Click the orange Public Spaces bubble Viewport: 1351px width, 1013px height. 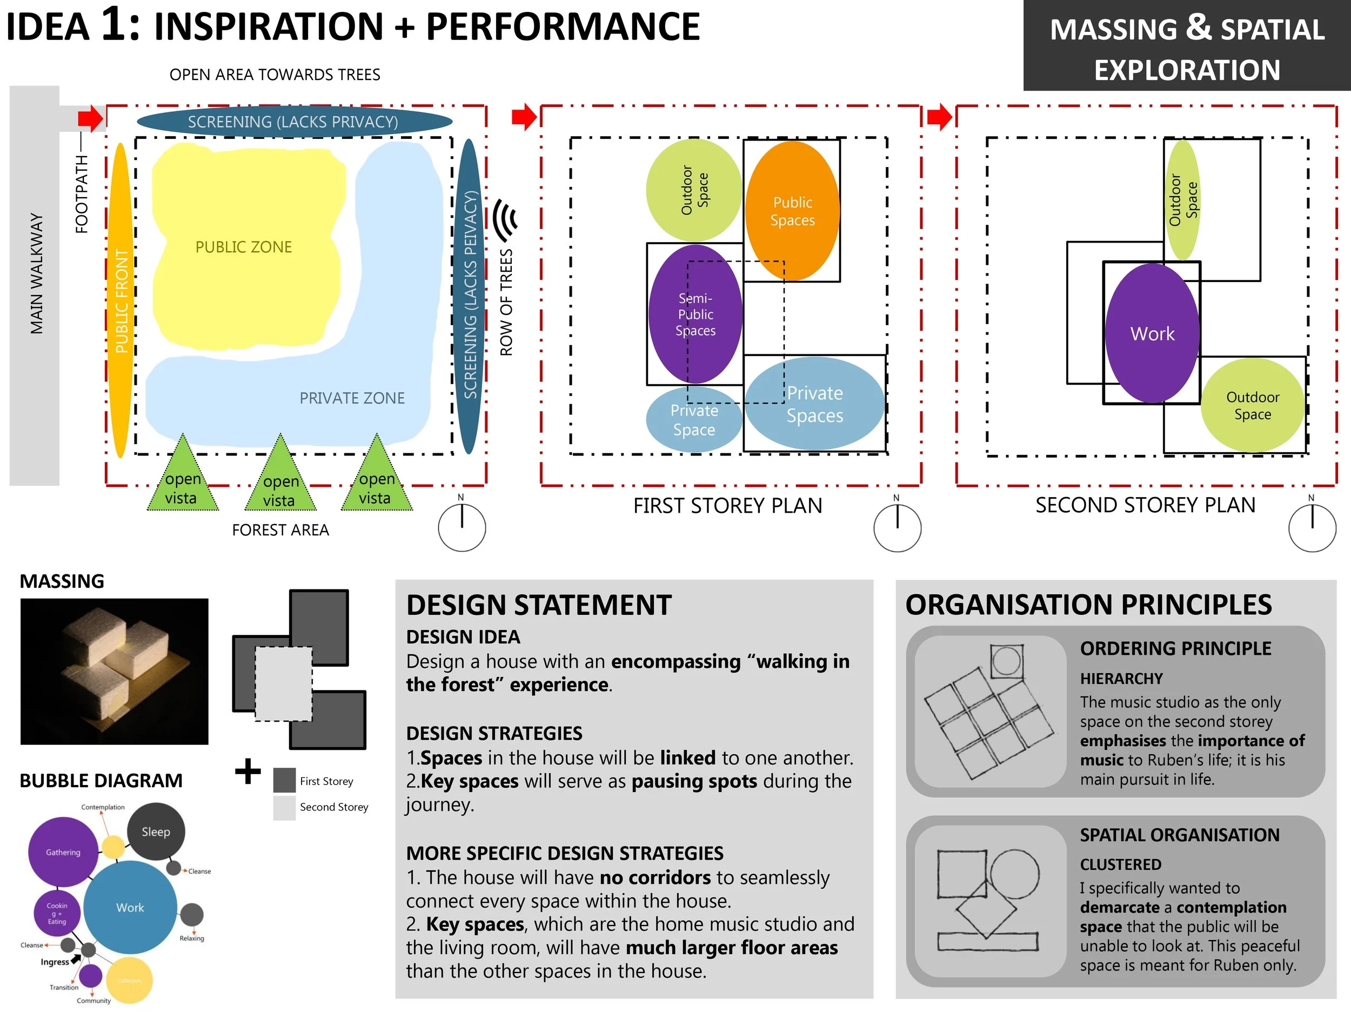point(792,211)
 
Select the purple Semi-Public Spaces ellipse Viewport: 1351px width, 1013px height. point(695,314)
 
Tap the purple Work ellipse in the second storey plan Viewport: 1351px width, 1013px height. point(1152,333)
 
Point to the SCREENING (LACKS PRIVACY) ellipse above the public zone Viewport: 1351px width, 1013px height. point(294,122)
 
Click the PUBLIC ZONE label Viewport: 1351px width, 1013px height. point(244,247)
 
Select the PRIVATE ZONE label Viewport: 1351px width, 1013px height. point(352,398)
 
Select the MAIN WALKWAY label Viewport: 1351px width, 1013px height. point(37,273)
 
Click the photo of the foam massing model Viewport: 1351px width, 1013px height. point(114,671)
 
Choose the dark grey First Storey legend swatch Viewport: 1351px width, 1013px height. point(284,780)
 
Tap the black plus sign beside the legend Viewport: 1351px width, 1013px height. point(248,771)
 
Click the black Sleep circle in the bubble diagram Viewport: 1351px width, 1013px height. point(156,831)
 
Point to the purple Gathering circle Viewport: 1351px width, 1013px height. point(63,853)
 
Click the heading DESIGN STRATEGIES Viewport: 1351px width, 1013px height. point(494,733)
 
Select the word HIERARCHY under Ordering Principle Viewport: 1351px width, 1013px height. point(1121,679)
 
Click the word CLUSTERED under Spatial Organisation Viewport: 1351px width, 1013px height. point(1120,864)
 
